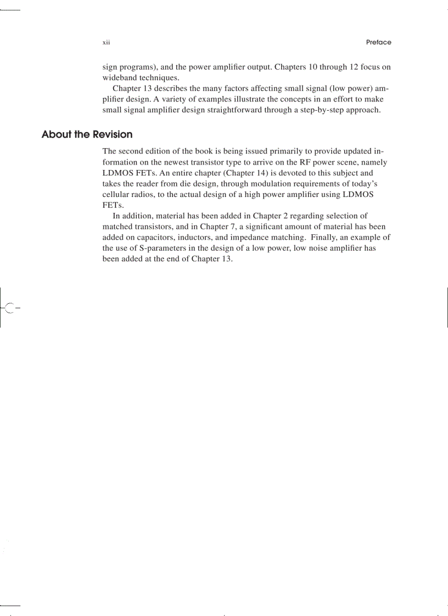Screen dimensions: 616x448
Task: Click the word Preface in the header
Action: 378,42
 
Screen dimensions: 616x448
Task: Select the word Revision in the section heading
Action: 113,134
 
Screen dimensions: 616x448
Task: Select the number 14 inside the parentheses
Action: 258,173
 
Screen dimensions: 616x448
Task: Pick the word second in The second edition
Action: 132,151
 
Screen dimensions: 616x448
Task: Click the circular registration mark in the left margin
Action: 9,307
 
